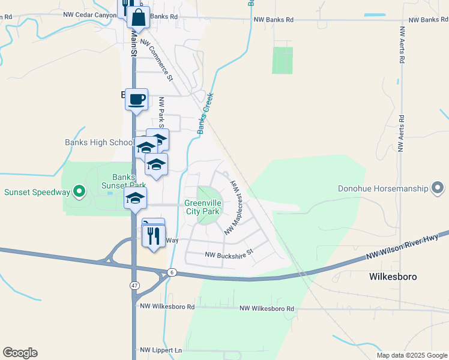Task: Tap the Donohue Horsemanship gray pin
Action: pyautogui.click(x=438, y=189)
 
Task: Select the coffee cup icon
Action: pyautogui.click(x=137, y=98)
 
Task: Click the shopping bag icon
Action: pyautogui.click(x=138, y=18)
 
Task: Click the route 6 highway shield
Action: pyautogui.click(x=172, y=272)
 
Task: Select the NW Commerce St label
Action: pyautogui.click(x=160, y=61)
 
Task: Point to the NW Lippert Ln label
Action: pyautogui.click(x=161, y=350)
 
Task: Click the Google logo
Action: pyautogui.click(x=20, y=353)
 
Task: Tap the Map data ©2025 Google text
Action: pyautogui.click(x=412, y=355)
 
